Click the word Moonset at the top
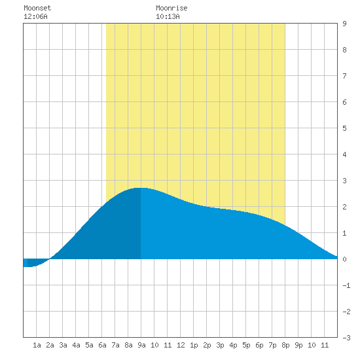(x=37, y=8)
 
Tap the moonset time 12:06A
(x=35, y=16)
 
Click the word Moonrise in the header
(x=171, y=8)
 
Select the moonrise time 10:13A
(x=168, y=16)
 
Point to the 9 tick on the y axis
(x=344, y=24)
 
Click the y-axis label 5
(x=344, y=128)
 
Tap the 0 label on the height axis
(x=344, y=259)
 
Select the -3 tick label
(x=346, y=338)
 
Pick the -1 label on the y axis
(x=346, y=285)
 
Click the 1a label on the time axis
(x=37, y=345)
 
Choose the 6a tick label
(x=102, y=345)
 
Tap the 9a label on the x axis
(x=141, y=345)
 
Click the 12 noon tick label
(x=181, y=345)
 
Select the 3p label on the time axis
(x=220, y=345)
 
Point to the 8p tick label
(x=285, y=345)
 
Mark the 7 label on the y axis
(x=344, y=76)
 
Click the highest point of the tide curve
(x=141, y=188)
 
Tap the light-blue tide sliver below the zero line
(x=26, y=262)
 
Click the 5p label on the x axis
(x=246, y=345)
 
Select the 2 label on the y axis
(x=344, y=207)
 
